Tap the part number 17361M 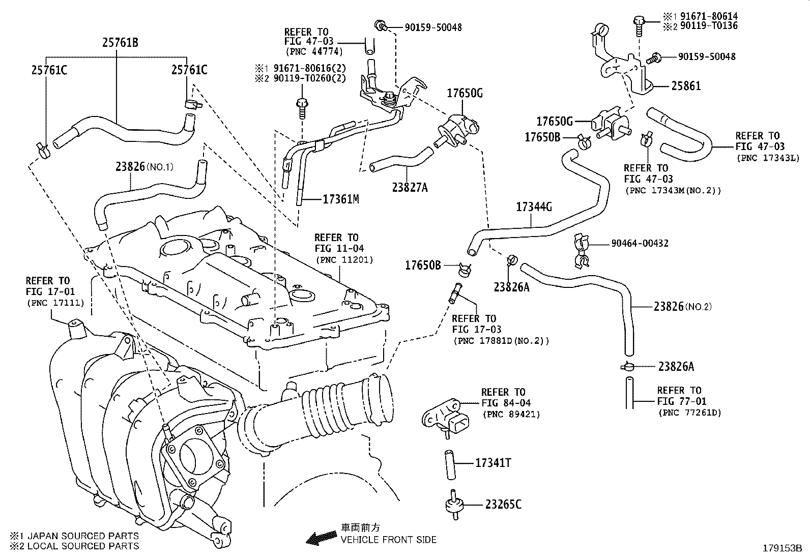pyautogui.click(x=341, y=199)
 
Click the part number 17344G pyautogui.click(x=534, y=207)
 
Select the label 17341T pyautogui.click(x=493, y=463)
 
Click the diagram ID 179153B pyautogui.click(x=781, y=548)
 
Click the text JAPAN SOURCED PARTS pyautogui.click(x=83, y=536)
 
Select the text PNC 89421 pyautogui.click(x=511, y=415)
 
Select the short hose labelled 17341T pyautogui.click(x=450, y=464)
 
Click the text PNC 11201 pyautogui.click(x=344, y=260)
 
